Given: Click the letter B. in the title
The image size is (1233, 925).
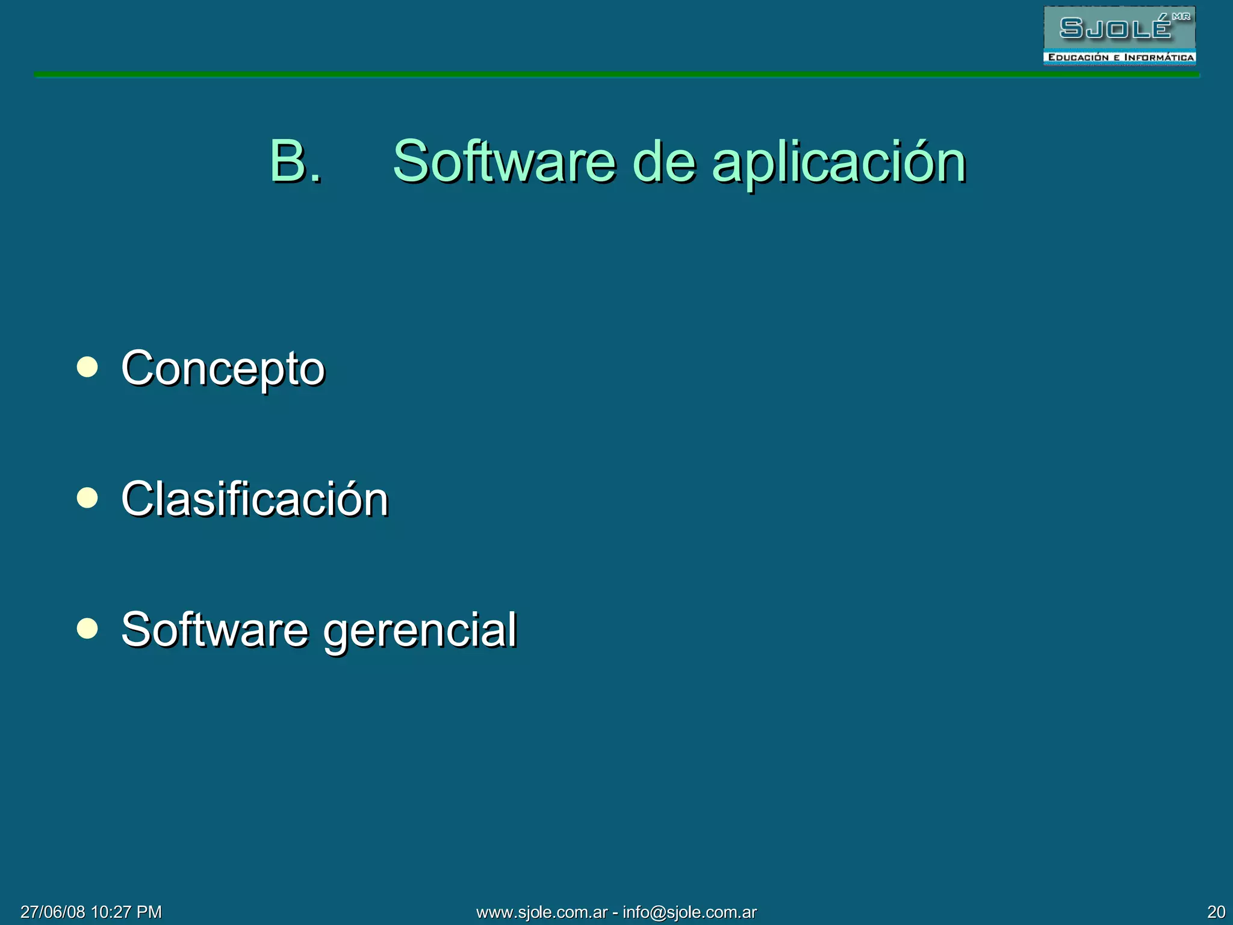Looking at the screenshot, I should [294, 161].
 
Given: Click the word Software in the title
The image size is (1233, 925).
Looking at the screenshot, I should [504, 161].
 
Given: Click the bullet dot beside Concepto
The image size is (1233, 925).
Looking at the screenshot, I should [87, 367].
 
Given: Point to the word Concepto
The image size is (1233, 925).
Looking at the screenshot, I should [223, 369].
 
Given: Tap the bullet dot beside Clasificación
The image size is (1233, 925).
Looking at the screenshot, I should [87, 497].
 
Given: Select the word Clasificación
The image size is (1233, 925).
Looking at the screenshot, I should [255, 499].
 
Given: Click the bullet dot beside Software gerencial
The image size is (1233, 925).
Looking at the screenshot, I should [87, 628].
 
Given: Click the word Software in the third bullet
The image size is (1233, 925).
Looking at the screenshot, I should [215, 629].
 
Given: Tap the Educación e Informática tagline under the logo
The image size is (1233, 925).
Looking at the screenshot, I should [1120, 58].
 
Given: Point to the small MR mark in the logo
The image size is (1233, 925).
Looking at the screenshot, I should [1181, 17].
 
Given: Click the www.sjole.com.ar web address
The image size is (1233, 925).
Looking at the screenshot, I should [541, 912].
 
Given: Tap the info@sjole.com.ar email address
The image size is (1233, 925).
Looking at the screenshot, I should [689, 912].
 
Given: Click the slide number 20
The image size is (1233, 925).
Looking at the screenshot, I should [1216, 912].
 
